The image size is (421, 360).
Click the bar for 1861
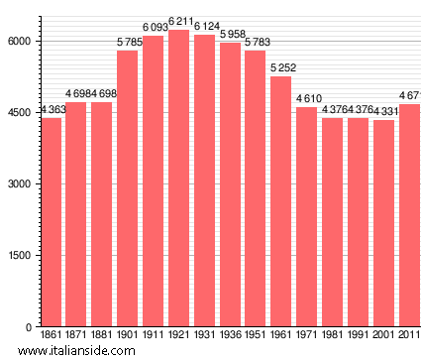(x=51, y=222)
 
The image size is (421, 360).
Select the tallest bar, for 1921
(x=178, y=179)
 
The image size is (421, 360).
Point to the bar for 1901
(x=128, y=188)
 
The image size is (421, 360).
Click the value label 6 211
(x=178, y=22)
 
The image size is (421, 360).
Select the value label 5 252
(x=281, y=67)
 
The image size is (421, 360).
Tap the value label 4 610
(x=307, y=98)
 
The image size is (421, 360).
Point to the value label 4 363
(x=53, y=110)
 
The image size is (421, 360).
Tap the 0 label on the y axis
(x=32, y=327)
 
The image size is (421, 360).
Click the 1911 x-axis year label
(x=154, y=336)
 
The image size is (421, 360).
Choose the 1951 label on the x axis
(x=256, y=336)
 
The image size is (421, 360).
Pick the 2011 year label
(x=408, y=336)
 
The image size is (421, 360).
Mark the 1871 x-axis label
(x=76, y=336)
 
